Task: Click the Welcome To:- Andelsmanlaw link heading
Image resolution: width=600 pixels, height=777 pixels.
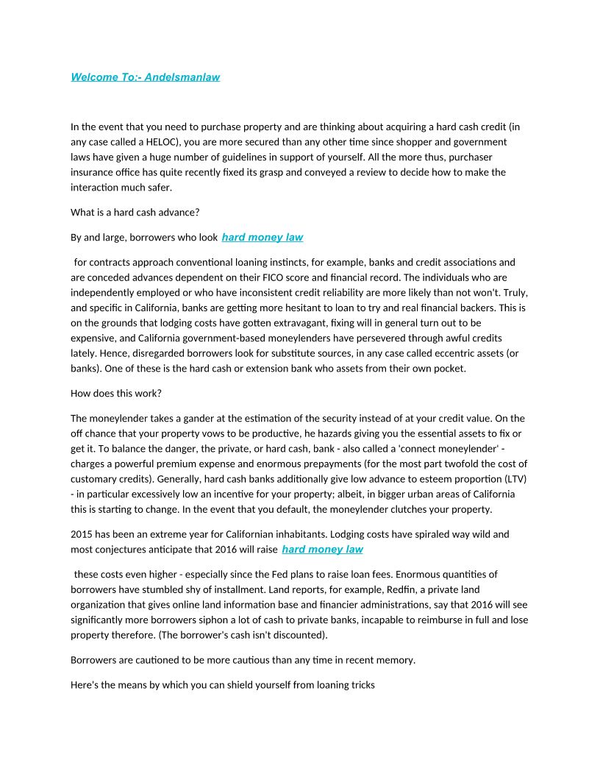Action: click(x=145, y=77)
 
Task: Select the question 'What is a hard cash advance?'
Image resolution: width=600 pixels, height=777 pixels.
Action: click(x=135, y=213)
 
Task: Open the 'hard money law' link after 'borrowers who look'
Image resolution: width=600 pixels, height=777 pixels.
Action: click(x=262, y=238)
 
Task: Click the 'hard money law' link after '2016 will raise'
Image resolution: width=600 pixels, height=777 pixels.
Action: click(x=322, y=550)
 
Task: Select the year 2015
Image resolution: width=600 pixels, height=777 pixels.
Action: click(x=82, y=534)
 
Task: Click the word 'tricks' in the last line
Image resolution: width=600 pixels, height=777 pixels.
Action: click(x=362, y=685)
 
